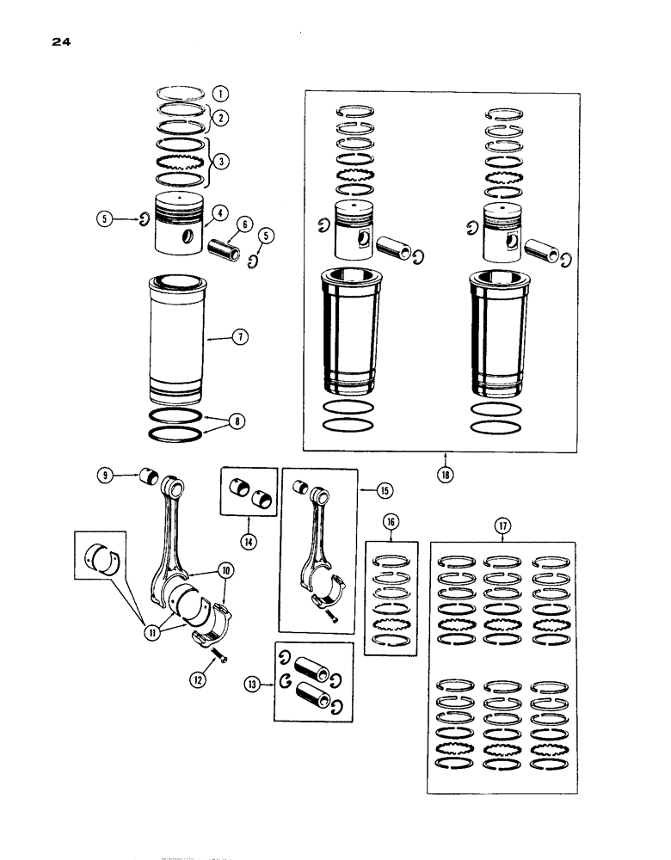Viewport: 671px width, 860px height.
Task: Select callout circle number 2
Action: [x=221, y=116]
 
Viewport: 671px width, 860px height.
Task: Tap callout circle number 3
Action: [x=222, y=161]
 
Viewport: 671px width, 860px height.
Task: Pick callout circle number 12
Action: [x=199, y=679]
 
